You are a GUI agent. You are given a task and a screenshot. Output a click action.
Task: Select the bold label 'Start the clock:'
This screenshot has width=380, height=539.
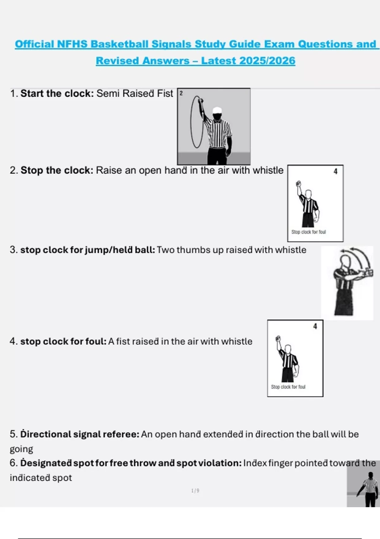coord(57,93)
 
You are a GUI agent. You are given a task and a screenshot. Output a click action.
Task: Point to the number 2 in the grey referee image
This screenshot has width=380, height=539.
coord(181,93)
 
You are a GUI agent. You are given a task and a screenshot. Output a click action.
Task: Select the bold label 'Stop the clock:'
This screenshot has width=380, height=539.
coord(57,170)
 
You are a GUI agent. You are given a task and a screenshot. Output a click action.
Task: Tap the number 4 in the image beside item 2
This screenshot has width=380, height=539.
coord(336,172)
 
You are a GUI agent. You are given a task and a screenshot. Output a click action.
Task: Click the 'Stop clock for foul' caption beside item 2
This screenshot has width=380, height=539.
coord(309,232)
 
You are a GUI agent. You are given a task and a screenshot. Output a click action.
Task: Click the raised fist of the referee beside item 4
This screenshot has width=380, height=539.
coord(278,338)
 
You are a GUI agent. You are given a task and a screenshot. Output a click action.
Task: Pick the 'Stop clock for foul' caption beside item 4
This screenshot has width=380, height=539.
coord(288,387)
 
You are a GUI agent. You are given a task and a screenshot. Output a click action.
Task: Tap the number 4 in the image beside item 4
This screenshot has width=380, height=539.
coord(315,327)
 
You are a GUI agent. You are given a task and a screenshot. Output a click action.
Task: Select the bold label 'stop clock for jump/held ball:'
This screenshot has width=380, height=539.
coord(88,250)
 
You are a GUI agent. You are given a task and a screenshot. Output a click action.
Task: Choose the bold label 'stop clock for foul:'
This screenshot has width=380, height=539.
coord(63,341)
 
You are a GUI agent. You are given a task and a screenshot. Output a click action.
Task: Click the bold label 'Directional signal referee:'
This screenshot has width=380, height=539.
coord(80,434)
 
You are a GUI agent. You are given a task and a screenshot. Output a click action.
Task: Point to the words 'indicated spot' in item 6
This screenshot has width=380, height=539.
coord(41,478)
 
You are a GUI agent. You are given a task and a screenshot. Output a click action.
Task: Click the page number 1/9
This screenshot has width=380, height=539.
coord(195,490)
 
